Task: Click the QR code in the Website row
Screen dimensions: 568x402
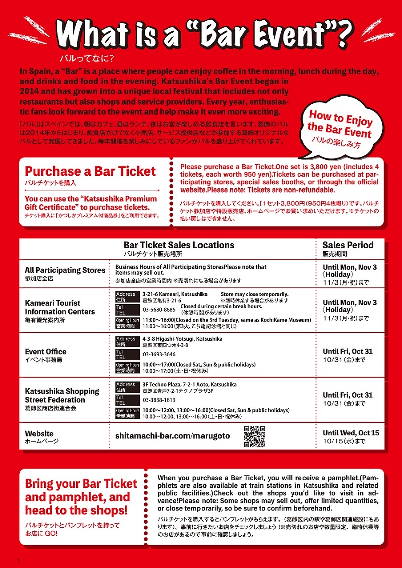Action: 254,437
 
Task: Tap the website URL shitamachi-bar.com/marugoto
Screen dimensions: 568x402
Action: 172,436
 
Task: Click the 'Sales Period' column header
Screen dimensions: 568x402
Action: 348,245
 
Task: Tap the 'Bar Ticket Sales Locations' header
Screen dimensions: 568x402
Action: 179,245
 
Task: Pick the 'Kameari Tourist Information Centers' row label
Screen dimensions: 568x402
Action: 60,307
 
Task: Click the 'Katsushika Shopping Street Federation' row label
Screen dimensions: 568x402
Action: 62,395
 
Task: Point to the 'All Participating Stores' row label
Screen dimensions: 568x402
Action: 65,270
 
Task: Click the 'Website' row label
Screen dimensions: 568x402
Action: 39,434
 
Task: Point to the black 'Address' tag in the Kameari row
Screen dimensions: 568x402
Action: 126,294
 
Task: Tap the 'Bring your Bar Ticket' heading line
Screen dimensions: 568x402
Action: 81,484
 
